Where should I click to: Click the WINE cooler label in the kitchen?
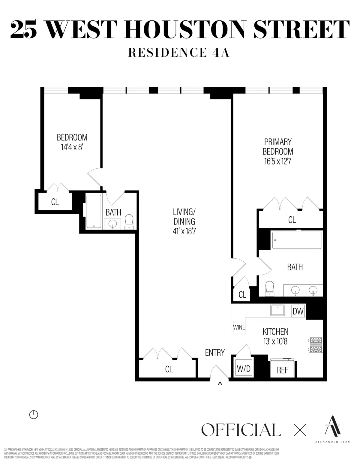pyautogui.click(x=239, y=327)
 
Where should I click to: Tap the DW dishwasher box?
pyautogui.click(x=298, y=311)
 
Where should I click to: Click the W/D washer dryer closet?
pyautogui.click(x=243, y=369)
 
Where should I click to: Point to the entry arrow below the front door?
pyautogui.click(x=220, y=384)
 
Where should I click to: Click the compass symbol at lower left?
pyautogui.click(x=34, y=415)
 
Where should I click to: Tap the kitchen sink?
pyautogui.click(x=277, y=310)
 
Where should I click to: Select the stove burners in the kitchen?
pyautogui.click(x=316, y=345)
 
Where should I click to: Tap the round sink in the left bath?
pyautogui.click(x=112, y=224)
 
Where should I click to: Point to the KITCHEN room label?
pyautogui.click(x=275, y=332)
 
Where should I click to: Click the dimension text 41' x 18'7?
pyautogui.click(x=184, y=231)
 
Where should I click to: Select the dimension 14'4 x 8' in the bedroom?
pyautogui.click(x=72, y=147)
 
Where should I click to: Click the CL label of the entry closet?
pyautogui.click(x=169, y=369)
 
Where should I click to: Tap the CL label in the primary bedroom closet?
pyautogui.click(x=292, y=220)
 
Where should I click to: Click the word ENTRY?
pyautogui.click(x=215, y=353)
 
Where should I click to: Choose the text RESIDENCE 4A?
pyautogui.click(x=179, y=52)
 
